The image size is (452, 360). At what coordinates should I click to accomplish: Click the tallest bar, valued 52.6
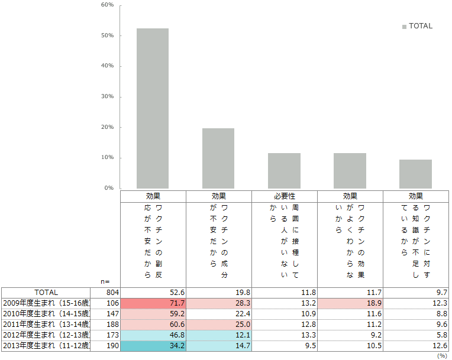pyautogui.click(x=153, y=108)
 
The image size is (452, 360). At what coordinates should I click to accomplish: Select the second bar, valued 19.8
pyautogui.click(x=218, y=158)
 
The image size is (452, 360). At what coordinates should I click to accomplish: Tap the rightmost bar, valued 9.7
pyautogui.click(x=415, y=174)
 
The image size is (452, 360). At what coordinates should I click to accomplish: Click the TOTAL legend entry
pyautogui.click(x=417, y=26)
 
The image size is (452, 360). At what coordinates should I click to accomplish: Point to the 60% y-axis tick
pyautogui.click(x=108, y=5)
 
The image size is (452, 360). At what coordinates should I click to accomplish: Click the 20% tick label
pyautogui.click(x=108, y=127)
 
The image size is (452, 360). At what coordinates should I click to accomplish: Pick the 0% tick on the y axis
pyautogui.click(x=109, y=188)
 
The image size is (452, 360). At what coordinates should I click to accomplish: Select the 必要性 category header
pyautogui.click(x=285, y=196)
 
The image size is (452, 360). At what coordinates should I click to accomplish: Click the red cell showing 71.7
pyautogui.click(x=153, y=303)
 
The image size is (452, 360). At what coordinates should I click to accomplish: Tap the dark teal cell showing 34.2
pyautogui.click(x=153, y=346)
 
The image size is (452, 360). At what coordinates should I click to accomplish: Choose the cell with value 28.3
pyautogui.click(x=218, y=303)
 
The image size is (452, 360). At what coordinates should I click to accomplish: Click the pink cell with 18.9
pyautogui.click(x=350, y=303)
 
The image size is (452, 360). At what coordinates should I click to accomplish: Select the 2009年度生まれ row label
pyautogui.click(x=46, y=303)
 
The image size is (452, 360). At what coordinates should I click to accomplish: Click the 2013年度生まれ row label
pyautogui.click(x=46, y=346)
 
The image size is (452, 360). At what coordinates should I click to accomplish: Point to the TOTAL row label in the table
pyautogui.click(x=46, y=293)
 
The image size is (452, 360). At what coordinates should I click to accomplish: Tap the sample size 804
pyautogui.click(x=113, y=293)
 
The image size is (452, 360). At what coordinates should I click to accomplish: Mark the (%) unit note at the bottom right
pyautogui.click(x=441, y=356)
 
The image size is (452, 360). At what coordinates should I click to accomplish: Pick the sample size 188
pyautogui.click(x=113, y=325)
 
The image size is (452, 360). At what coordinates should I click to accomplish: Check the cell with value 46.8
pyautogui.click(x=153, y=335)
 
